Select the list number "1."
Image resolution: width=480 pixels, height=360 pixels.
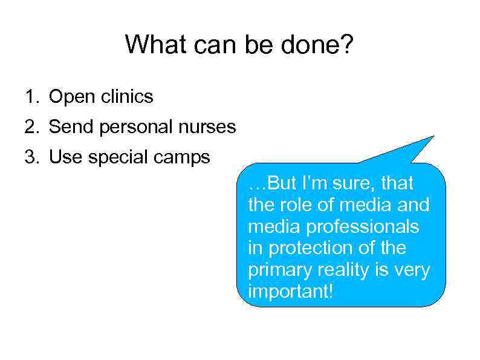pyautogui.click(x=31, y=96)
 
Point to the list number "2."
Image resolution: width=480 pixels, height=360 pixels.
pyautogui.click(x=31, y=127)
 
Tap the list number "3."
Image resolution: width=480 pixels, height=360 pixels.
pyautogui.click(x=31, y=157)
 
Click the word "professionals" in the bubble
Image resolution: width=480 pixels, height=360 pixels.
pyautogui.click(x=362, y=227)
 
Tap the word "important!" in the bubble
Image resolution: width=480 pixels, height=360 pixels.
pyautogui.click(x=290, y=292)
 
